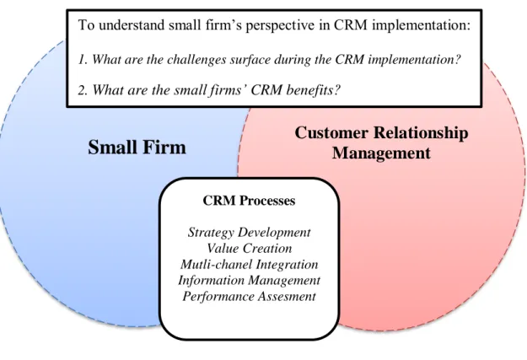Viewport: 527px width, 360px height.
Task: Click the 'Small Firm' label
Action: [137, 148]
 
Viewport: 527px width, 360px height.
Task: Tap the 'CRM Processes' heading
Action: [249, 201]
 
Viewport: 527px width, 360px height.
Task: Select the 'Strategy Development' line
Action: [249, 232]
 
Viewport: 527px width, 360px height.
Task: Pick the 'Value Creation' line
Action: [249, 248]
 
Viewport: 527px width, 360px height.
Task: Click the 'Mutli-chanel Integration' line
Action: [249, 264]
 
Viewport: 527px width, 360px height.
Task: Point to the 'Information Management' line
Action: [249, 280]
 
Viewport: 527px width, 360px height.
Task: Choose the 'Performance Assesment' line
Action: [249, 296]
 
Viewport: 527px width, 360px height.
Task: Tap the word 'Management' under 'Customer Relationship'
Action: [381, 153]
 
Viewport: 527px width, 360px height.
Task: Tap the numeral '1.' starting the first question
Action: [83, 60]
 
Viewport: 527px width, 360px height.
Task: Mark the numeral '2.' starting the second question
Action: [83, 90]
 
